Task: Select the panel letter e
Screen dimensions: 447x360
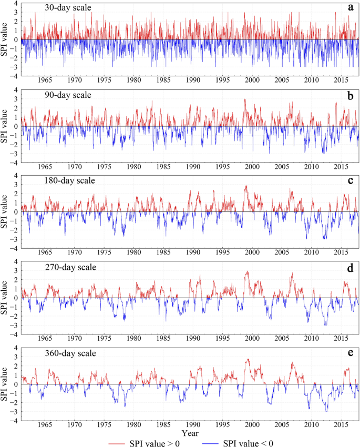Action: click(x=349, y=353)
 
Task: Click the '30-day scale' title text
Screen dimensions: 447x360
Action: click(x=54, y=8)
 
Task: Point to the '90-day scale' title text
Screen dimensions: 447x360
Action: click(x=54, y=95)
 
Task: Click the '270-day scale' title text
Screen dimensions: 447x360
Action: click(x=56, y=268)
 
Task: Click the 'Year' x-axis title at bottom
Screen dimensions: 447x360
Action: click(x=190, y=433)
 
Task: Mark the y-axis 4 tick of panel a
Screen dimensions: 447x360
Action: click(x=17, y=3)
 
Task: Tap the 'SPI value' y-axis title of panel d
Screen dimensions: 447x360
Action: click(x=5, y=297)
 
